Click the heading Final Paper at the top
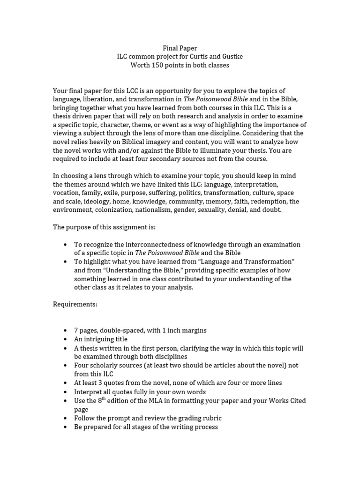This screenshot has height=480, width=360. [x=180, y=48]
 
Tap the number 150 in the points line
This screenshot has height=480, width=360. [x=157, y=65]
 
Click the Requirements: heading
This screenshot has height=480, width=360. [x=75, y=304]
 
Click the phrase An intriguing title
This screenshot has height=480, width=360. [x=101, y=339]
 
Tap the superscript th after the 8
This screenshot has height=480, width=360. [x=104, y=398]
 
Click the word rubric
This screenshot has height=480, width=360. [x=211, y=418]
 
